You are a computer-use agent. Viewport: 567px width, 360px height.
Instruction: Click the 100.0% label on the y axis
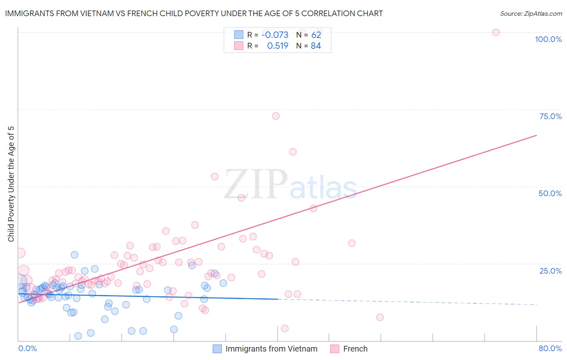click(548, 39)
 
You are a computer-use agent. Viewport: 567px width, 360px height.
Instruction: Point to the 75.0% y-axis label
click(550, 116)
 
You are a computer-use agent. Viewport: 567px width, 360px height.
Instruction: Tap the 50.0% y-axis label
click(550, 193)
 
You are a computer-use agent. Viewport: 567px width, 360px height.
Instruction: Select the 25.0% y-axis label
click(550, 271)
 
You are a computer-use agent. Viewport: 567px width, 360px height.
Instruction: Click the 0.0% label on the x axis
click(27, 348)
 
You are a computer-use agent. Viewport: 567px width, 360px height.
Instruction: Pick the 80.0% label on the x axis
click(550, 348)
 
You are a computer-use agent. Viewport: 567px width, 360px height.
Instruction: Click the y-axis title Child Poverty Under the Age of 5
click(11, 184)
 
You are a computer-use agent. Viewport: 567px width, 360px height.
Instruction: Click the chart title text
click(194, 13)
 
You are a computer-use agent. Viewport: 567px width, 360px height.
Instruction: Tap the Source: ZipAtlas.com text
click(531, 13)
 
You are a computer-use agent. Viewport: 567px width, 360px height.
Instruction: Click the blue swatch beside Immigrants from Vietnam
click(217, 349)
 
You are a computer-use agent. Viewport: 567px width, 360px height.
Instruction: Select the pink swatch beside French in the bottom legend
click(335, 349)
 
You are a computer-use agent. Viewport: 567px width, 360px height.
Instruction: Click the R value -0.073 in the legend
click(275, 35)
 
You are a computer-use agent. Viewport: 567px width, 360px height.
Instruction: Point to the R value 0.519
click(277, 46)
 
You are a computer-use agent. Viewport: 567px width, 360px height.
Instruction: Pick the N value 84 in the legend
click(316, 46)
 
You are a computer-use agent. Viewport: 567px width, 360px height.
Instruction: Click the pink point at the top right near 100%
click(496, 32)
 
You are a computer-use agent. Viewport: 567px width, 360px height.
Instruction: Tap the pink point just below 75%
click(276, 116)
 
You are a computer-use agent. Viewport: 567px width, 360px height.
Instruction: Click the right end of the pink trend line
click(536, 135)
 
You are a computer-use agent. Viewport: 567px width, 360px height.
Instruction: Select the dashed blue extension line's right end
click(536, 304)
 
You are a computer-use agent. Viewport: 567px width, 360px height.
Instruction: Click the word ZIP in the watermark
click(256, 184)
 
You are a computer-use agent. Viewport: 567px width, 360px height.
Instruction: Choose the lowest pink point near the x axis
click(285, 329)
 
